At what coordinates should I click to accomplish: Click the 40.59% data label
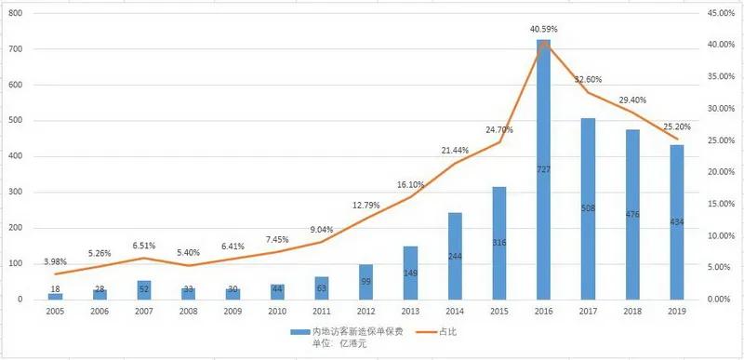click(542, 30)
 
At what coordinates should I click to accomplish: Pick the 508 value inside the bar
click(588, 208)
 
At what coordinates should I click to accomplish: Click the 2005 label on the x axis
click(54, 313)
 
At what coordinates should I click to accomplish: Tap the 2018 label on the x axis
click(631, 313)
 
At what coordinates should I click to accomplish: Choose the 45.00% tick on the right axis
click(709, 13)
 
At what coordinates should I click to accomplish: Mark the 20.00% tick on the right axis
click(709, 172)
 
